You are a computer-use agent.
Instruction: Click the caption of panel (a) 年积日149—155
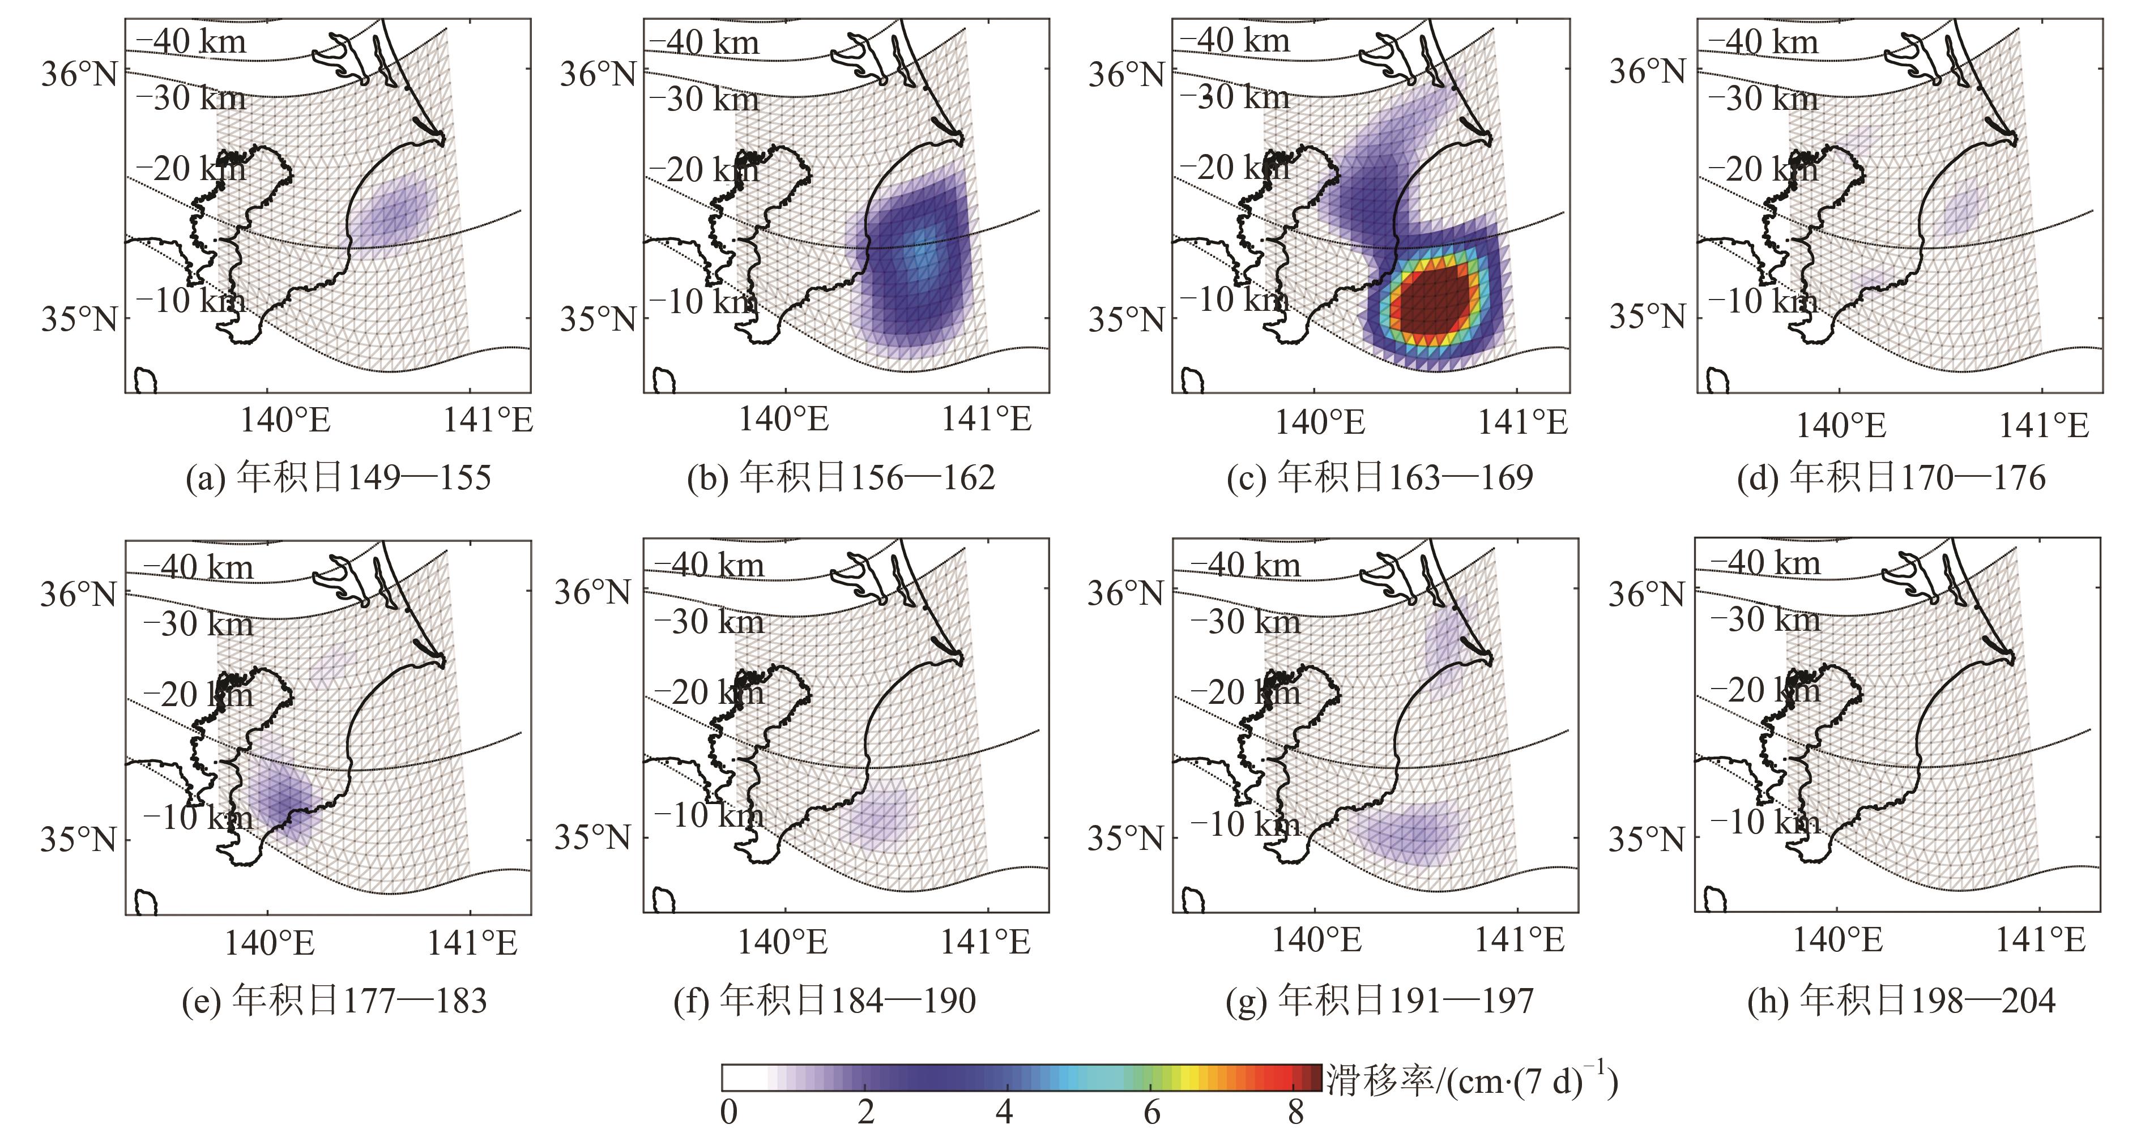[x=338, y=478]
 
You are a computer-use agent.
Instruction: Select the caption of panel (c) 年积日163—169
[x=1380, y=478]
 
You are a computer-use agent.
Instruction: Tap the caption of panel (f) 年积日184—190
[x=825, y=1000]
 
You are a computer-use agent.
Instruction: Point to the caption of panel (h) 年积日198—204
[x=1901, y=1000]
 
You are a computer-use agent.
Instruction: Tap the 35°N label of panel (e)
[x=78, y=840]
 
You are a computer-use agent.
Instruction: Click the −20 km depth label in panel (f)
[x=708, y=693]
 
